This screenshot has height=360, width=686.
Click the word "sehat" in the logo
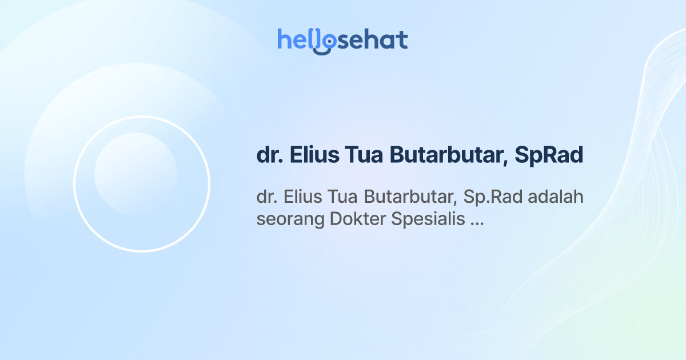[374, 40]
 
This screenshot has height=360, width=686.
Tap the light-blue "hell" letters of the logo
[297, 40]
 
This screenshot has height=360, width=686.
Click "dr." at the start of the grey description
[266, 197]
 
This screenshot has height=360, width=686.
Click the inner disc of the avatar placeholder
[135, 174]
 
